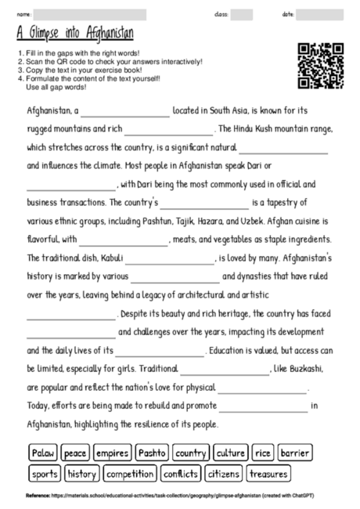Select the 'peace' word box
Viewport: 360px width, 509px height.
(x=75, y=453)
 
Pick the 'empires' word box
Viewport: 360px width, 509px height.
(x=112, y=453)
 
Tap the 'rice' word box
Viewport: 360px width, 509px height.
(x=262, y=453)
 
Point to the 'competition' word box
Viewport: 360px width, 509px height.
(x=129, y=474)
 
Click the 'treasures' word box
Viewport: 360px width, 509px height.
(x=268, y=474)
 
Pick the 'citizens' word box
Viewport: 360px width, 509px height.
(x=223, y=474)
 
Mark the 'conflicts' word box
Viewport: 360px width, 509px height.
(x=180, y=474)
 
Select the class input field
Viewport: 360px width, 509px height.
(x=241, y=14)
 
